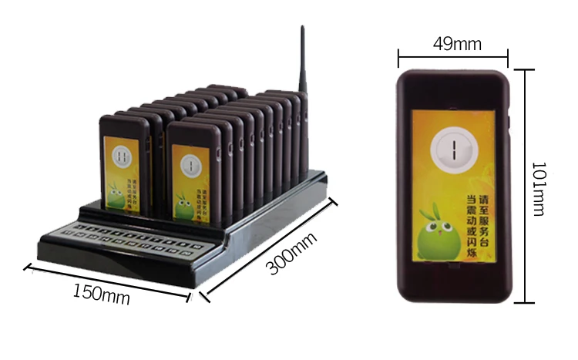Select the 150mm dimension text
[x=101, y=294]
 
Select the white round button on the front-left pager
[x=122, y=156]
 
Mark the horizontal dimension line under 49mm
[x=453, y=56]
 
